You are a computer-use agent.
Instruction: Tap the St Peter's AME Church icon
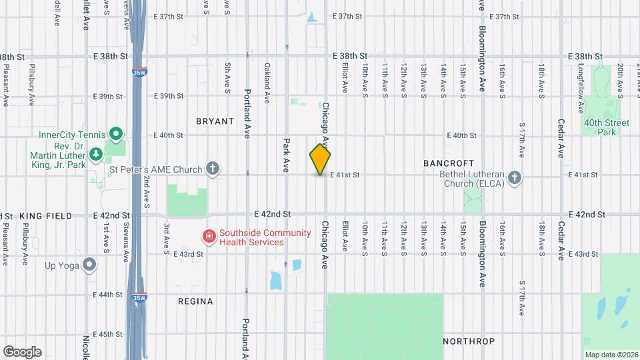[x=213, y=169]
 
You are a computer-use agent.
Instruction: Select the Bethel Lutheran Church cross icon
[x=514, y=177]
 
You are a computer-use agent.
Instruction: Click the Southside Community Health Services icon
[x=209, y=237]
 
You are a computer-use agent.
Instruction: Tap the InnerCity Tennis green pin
[x=115, y=135]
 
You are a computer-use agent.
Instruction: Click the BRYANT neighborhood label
[x=215, y=121]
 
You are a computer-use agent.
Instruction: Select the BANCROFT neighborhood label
[x=449, y=163]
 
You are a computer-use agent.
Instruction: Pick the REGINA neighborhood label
[x=195, y=301]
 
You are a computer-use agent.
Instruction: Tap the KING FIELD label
[x=46, y=216]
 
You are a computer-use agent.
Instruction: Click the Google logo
[x=22, y=351]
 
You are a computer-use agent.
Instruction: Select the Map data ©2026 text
[x=611, y=355]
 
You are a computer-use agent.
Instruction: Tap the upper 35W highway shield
[x=139, y=71]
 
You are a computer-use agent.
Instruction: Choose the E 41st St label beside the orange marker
[x=345, y=175]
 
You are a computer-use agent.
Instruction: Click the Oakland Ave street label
[x=267, y=83]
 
